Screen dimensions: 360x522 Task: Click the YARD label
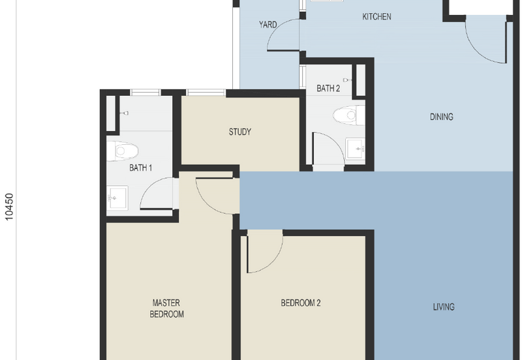click(268, 25)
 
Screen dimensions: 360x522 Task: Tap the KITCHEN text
click(376, 16)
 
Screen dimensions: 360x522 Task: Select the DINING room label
click(441, 117)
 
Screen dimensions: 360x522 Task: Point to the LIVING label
click(444, 307)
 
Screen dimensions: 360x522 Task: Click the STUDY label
click(239, 132)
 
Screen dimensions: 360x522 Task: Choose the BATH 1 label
click(140, 168)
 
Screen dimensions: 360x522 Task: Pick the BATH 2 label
click(328, 88)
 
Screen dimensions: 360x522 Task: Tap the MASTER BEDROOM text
click(166, 308)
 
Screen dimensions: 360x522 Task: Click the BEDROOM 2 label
click(300, 303)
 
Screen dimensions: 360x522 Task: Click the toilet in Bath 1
click(125, 151)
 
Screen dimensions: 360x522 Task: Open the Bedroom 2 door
click(264, 254)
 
